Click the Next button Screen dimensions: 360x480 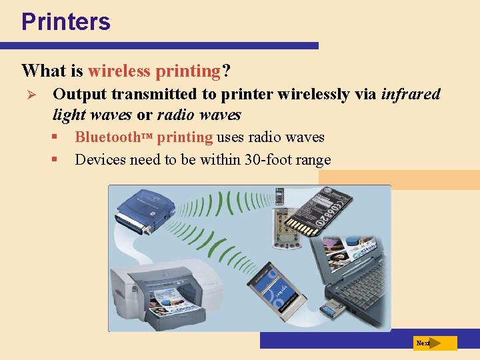tap(435, 343)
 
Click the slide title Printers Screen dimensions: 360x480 tap(65, 21)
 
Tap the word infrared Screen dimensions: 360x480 tap(411, 94)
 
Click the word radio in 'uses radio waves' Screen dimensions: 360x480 tap(265, 138)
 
